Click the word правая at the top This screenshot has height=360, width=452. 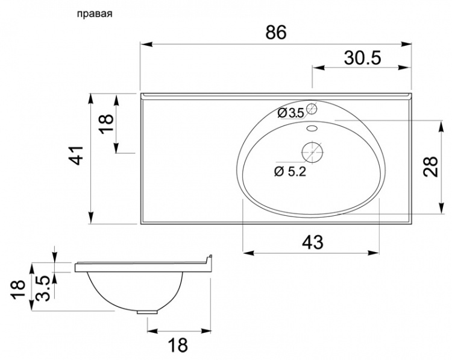click(94, 14)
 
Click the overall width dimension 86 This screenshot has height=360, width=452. click(276, 32)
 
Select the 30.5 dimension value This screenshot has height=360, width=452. click(363, 58)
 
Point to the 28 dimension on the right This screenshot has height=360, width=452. click(430, 166)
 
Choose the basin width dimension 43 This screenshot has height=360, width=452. click(312, 242)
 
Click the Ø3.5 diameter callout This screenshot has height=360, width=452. click(291, 113)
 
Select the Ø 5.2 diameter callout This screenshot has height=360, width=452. click(290, 172)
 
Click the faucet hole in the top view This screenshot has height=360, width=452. click(312, 109)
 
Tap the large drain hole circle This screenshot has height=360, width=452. click(312, 152)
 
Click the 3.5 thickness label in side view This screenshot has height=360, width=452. click(45, 288)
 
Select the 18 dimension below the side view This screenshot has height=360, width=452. click(178, 345)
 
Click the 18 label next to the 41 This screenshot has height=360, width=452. click(106, 123)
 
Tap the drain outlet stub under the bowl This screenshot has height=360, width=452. click(147, 312)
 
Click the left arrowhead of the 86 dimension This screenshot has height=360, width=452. click(146, 44)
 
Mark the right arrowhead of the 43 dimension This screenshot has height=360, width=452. click(373, 253)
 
